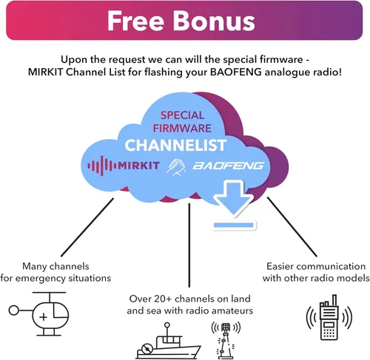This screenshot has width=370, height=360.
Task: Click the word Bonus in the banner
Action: coord(214,21)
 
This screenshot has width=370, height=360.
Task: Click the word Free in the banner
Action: coord(135,21)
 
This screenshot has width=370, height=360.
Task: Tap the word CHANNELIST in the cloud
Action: coord(175,145)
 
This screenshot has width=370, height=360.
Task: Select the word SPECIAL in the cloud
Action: coord(182,115)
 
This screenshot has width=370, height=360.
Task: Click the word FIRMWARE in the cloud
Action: coord(182,128)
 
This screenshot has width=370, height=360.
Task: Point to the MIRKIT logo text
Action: coord(138,166)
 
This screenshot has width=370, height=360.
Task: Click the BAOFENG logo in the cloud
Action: coord(228,166)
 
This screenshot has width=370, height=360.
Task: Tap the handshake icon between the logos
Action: coord(176,167)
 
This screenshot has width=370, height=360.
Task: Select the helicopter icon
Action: coord(38,313)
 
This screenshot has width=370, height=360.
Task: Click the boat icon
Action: coord(169,341)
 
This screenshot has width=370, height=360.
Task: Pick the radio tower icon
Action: coord(226,341)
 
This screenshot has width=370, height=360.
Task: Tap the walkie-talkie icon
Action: coord(329,317)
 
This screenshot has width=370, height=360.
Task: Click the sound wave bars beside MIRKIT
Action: coord(102,166)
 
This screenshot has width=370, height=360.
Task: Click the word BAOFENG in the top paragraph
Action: coord(236,72)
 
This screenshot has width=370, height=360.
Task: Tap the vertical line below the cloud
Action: coord(189,245)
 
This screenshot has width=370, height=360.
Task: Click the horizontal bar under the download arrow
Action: coord(234,225)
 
